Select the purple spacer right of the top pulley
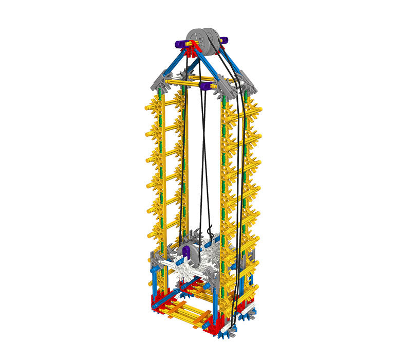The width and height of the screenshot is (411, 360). (x=225, y=40)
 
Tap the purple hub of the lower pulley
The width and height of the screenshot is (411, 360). (x=186, y=252)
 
